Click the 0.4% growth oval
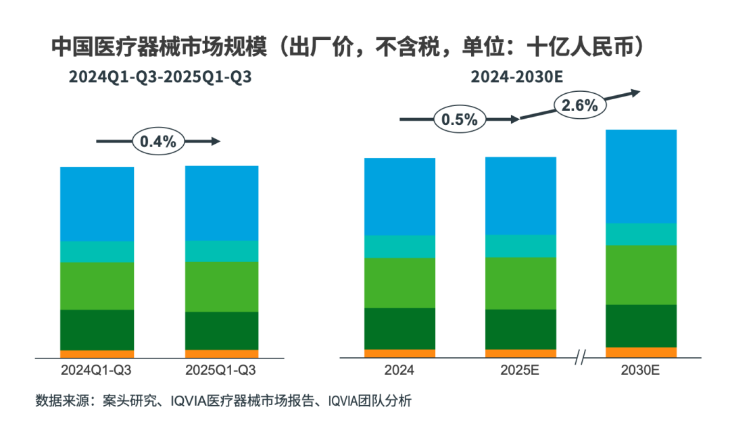point(157,141)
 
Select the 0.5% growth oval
point(460,120)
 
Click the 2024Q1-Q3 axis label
point(97,370)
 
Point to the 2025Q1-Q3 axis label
point(222,370)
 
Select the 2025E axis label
point(520,370)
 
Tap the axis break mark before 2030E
point(580,358)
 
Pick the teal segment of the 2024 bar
point(399,246)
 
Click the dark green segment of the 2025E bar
point(520,329)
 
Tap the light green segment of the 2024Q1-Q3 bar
point(97,286)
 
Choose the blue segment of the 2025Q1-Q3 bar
point(222,203)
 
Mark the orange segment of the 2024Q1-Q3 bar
point(97,354)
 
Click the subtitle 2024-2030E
point(517,77)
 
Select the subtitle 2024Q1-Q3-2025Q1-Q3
point(160,77)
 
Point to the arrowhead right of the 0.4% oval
point(216,141)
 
